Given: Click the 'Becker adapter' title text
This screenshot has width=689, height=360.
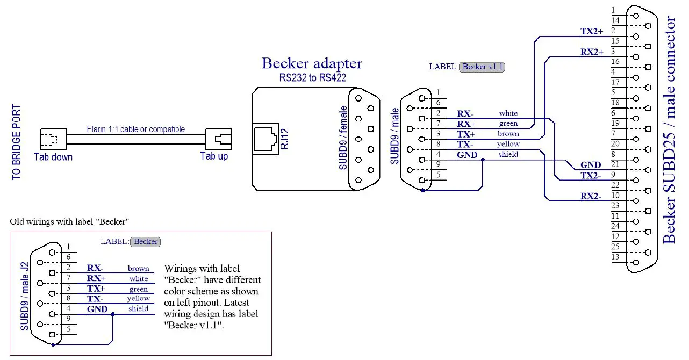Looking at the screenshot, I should (x=312, y=63).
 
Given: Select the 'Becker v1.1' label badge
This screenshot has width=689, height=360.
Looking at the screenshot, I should (x=482, y=67).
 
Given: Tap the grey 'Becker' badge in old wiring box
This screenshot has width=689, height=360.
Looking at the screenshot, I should (x=146, y=241).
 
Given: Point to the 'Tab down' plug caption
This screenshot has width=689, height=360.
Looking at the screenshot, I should (x=53, y=157).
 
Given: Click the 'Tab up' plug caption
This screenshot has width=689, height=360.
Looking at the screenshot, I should (x=214, y=156).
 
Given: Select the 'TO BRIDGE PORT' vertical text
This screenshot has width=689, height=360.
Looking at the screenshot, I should (x=17, y=142).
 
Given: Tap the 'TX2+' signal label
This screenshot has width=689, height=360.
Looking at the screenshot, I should (x=592, y=31).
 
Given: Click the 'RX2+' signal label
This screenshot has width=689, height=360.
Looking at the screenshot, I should (x=592, y=52).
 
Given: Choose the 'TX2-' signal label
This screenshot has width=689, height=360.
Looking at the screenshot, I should (x=591, y=176).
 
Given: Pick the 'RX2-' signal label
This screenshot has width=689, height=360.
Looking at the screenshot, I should (x=591, y=196).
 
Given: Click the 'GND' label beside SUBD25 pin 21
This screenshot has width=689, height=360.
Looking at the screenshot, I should (x=591, y=165).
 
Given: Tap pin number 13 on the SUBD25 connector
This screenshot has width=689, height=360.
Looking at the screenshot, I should (x=615, y=257).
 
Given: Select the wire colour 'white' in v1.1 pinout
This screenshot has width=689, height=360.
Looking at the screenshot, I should (x=508, y=113).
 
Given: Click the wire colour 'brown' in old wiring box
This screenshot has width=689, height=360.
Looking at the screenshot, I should (x=138, y=268).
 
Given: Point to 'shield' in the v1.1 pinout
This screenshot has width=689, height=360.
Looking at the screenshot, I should (x=508, y=154).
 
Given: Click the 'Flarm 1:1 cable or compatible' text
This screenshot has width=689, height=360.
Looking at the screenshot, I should (x=135, y=129).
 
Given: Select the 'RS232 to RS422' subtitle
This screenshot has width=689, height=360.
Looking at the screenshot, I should (x=312, y=78).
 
